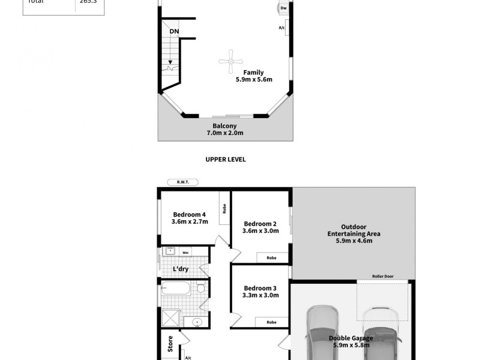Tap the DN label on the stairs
[173, 31]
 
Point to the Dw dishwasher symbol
[283, 8]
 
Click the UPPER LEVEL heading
[226, 160]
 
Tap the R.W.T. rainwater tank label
[183, 182]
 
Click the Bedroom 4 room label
[190, 218]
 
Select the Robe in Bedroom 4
[224, 208]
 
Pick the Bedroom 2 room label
[260, 226]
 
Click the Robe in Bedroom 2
[271, 257]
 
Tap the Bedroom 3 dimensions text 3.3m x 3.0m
[260, 295]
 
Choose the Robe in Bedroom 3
[271, 322]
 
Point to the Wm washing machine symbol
[185, 253]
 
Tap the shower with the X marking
[171, 316]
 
